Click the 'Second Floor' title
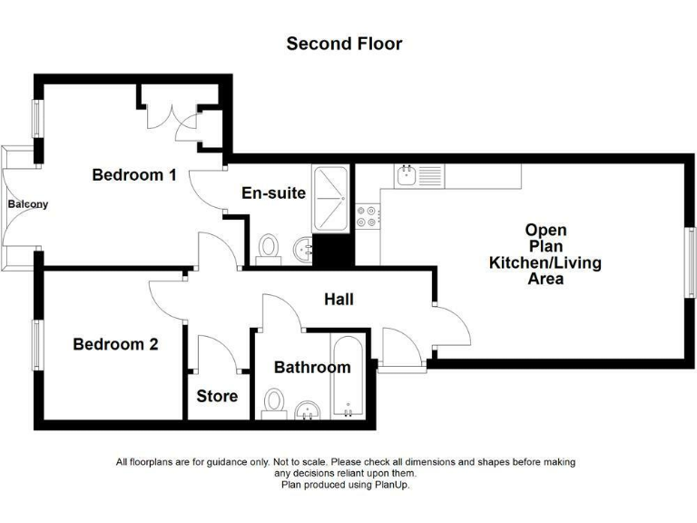point(344,44)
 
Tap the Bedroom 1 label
point(134,174)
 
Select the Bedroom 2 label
point(115,344)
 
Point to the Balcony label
point(28,204)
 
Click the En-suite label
point(273,193)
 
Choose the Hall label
point(339,299)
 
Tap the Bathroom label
point(312,368)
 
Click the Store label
point(218,396)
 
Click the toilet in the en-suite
point(269,247)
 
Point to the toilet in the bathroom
point(274,402)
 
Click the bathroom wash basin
point(309,411)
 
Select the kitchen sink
point(407,174)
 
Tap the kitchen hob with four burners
point(369,216)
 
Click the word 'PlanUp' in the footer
point(392,485)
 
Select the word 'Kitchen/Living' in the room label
point(545,262)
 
